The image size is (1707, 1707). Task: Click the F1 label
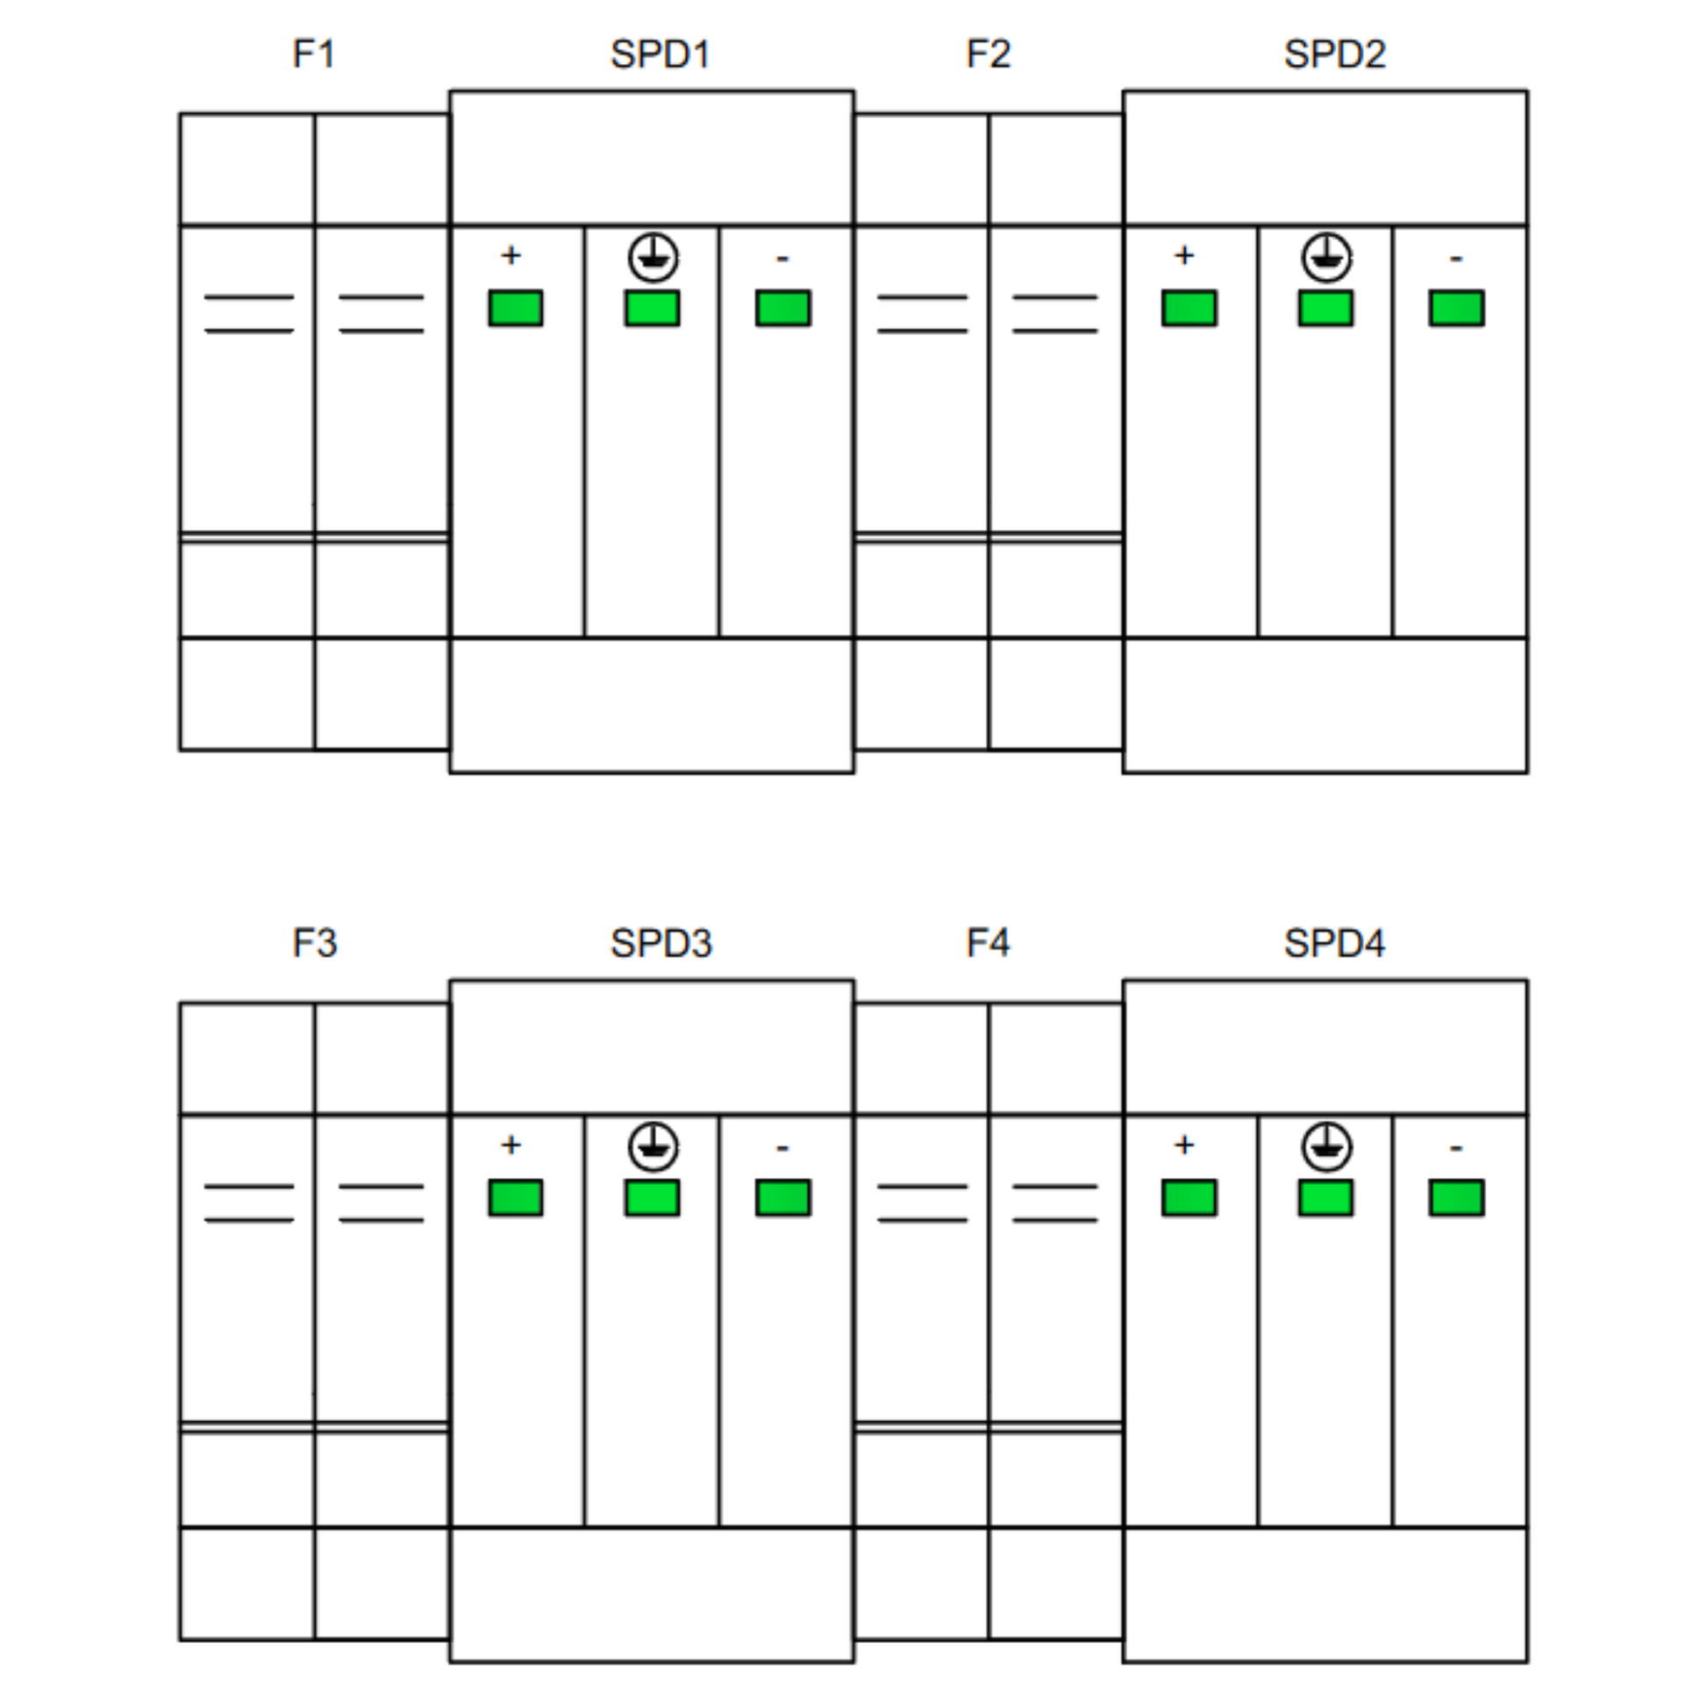pyautogui.click(x=314, y=54)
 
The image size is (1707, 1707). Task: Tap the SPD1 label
pyautogui.click(x=660, y=54)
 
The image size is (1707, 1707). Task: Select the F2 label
pyautogui.click(x=988, y=54)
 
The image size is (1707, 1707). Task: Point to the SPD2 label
pyautogui.click(x=1334, y=54)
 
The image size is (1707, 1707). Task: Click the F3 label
pyautogui.click(x=315, y=944)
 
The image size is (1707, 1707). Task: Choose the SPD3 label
pyautogui.click(x=661, y=944)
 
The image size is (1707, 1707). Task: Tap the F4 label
pyautogui.click(x=988, y=944)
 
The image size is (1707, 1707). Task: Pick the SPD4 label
pyautogui.click(x=1334, y=944)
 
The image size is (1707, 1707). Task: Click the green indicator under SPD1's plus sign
pyautogui.click(x=516, y=309)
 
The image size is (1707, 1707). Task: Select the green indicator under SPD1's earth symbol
pyautogui.click(x=652, y=309)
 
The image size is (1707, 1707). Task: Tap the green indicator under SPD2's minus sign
pyautogui.click(x=1457, y=309)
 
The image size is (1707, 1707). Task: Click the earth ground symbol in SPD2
pyautogui.click(x=1327, y=258)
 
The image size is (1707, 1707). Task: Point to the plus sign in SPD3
pyautogui.click(x=511, y=1145)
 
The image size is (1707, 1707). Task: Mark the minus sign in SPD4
pyautogui.click(x=1456, y=1148)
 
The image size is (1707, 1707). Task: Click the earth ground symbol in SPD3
pyautogui.click(x=654, y=1147)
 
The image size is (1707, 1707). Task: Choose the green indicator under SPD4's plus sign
pyautogui.click(x=1189, y=1198)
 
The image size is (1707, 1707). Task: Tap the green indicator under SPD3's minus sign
pyautogui.click(x=782, y=1198)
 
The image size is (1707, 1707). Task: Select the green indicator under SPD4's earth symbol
pyautogui.click(x=1325, y=1198)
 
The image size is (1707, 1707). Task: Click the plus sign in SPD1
pyautogui.click(x=511, y=255)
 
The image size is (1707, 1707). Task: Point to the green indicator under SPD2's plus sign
pyautogui.click(x=1189, y=309)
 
